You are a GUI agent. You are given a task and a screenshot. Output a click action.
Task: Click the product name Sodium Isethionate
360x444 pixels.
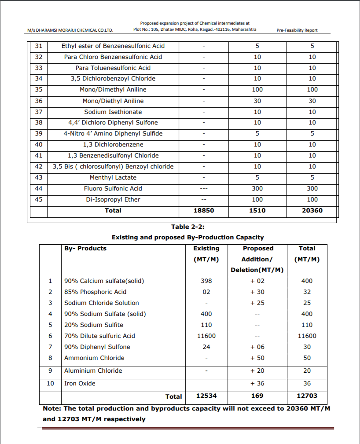113,112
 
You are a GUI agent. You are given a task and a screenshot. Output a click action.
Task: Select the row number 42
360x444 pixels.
38,167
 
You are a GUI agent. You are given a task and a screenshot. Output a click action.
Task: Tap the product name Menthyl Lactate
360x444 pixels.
113,178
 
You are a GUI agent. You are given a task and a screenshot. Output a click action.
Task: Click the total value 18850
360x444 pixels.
204,211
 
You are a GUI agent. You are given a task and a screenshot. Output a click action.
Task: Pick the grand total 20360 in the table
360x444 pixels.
312,211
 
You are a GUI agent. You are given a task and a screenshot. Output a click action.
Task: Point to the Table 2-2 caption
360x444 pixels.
188,227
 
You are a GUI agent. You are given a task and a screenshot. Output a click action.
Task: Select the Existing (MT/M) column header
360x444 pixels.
206,254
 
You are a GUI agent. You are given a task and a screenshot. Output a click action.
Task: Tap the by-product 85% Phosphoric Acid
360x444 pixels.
95,292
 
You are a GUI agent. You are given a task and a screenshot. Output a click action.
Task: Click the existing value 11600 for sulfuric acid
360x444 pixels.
206,336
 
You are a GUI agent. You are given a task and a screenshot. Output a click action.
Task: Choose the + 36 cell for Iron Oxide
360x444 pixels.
257,384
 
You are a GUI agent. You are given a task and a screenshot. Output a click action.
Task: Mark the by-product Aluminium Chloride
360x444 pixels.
93,371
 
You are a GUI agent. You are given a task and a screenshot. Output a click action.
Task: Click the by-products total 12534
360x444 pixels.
206,396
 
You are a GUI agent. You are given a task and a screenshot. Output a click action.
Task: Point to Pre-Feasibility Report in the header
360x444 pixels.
297,30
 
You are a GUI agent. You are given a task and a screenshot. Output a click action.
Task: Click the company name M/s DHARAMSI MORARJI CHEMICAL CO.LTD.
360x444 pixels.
70,30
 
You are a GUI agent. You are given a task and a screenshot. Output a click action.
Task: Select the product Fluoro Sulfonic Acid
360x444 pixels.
113,189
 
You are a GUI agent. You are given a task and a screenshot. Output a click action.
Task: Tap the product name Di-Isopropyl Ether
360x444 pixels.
113,200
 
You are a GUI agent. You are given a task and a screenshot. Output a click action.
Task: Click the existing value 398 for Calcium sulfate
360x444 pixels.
206,281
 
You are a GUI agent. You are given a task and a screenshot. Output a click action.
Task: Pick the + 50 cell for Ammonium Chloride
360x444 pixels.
257,358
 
